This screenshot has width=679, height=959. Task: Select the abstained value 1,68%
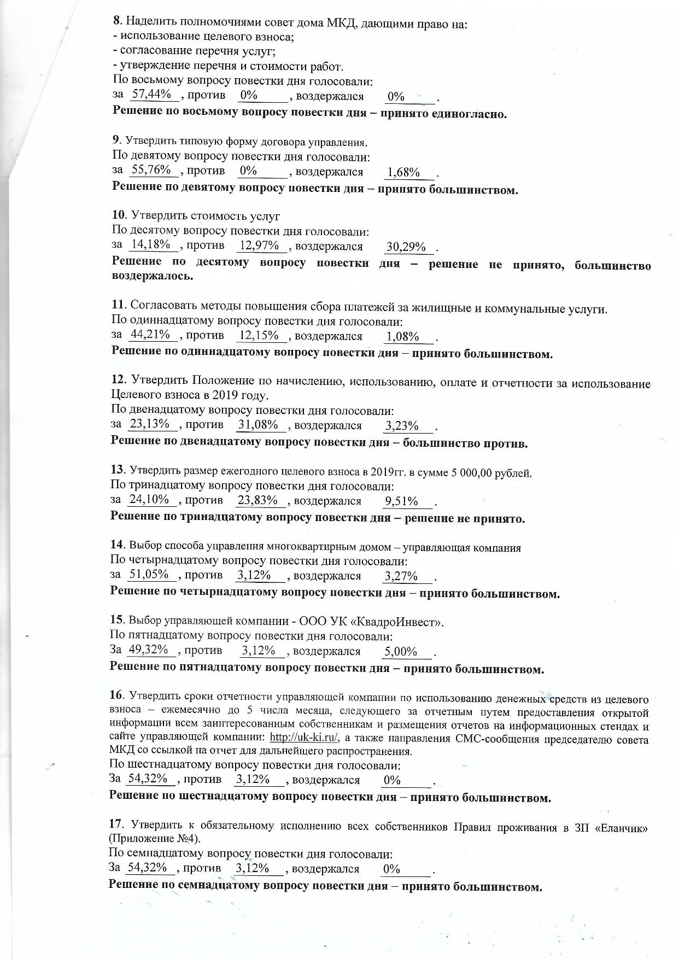tap(403, 173)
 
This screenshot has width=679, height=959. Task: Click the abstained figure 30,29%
tap(406, 247)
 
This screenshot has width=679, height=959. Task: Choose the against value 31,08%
tap(259, 424)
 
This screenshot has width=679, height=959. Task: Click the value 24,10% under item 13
tap(148, 499)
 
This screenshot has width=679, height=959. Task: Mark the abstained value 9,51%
tap(401, 501)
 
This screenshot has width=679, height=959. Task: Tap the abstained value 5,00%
tap(401, 652)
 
